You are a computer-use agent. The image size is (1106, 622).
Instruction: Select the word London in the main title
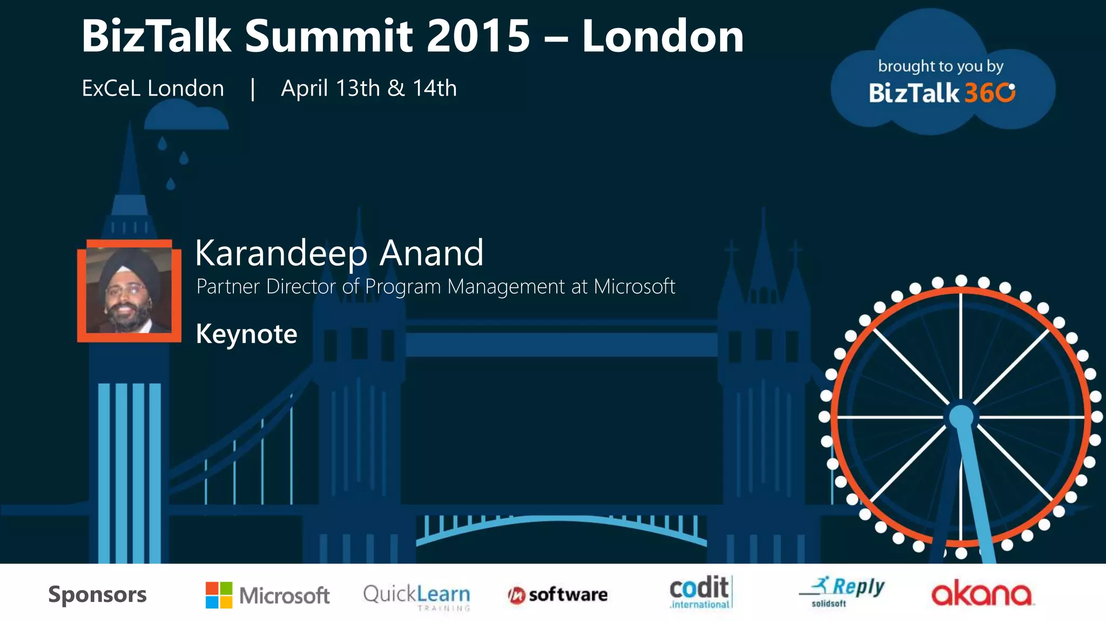point(663,37)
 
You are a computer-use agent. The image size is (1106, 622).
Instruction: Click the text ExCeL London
point(153,89)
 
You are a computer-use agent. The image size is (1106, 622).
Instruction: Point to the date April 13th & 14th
point(369,89)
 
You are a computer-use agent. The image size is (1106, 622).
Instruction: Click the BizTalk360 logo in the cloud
point(942,93)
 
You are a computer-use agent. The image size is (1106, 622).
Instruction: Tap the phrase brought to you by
point(941,66)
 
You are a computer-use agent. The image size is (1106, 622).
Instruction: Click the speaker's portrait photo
point(129,290)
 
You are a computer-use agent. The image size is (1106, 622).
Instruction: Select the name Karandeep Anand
point(339,253)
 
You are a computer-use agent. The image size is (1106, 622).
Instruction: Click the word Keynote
point(246,334)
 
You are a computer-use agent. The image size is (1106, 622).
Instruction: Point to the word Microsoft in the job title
point(635,287)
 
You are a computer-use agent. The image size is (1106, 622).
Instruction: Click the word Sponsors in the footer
point(97,594)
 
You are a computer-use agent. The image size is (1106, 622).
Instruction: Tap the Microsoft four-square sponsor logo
point(219,595)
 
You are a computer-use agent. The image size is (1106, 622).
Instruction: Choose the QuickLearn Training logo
point(416,596)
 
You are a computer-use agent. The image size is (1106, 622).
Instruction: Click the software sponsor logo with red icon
point(557,595)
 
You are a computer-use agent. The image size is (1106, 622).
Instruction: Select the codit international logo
point(700,592)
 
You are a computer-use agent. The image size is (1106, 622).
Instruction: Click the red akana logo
point(981,594)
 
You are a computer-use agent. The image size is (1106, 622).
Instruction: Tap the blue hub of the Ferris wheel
point(961,417)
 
